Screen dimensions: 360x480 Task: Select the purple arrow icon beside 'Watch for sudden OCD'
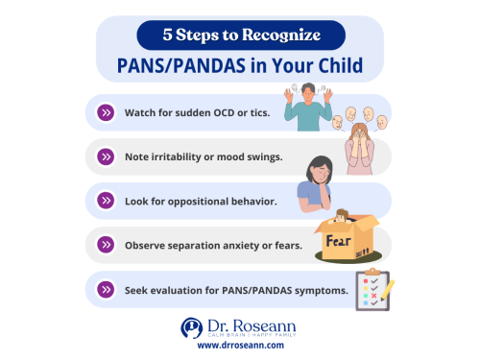105,112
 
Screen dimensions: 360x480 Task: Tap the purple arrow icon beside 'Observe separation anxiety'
105,246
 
